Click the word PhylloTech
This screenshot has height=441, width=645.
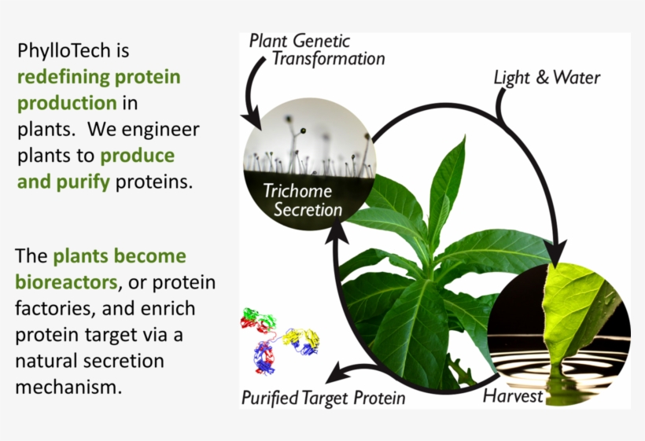click(x=64, y=52)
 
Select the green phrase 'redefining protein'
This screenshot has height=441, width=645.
click(x=98, y=77)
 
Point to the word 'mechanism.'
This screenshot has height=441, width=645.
click(x=69, y=387)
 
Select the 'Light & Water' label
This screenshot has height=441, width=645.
click(x=546, y=77)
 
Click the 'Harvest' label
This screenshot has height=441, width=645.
click(x=513, y=395)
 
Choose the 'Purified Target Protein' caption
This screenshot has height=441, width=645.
click(x=323, y=398)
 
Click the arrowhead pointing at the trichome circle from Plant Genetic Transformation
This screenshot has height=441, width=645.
click(x=255, y=121)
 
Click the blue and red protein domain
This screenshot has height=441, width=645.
click(x=265, y=358)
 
